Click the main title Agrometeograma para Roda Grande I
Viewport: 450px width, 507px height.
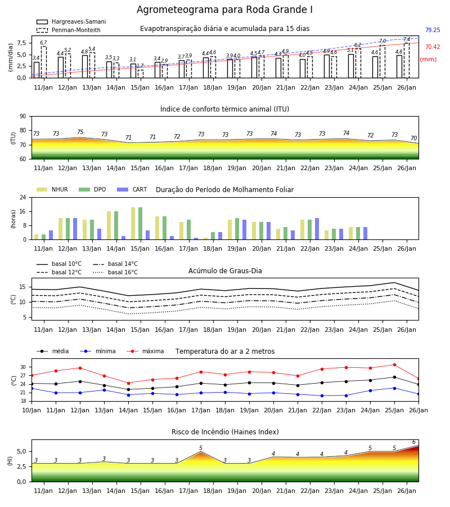224,10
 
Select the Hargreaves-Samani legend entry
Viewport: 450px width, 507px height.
71,21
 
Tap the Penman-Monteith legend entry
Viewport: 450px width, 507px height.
69,30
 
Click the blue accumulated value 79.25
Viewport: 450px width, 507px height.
433,30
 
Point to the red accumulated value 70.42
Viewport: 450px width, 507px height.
433,47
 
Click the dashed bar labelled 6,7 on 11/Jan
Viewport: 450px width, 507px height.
43,62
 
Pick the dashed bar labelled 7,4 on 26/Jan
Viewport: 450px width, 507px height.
407,60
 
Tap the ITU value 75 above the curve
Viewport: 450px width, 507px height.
80,132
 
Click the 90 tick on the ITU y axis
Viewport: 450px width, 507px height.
23,117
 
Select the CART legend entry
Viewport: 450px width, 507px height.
132,189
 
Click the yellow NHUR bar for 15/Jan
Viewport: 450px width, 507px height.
133,224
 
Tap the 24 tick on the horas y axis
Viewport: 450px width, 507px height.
23,197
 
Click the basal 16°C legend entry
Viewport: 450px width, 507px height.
115,272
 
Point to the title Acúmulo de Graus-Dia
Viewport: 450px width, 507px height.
225,271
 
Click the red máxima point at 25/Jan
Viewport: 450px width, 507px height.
394,364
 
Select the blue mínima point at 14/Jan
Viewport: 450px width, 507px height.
128,395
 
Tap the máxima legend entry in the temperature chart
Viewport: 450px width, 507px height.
145,351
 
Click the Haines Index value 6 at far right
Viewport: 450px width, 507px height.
414,442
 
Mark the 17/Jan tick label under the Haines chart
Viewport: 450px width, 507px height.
188,491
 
